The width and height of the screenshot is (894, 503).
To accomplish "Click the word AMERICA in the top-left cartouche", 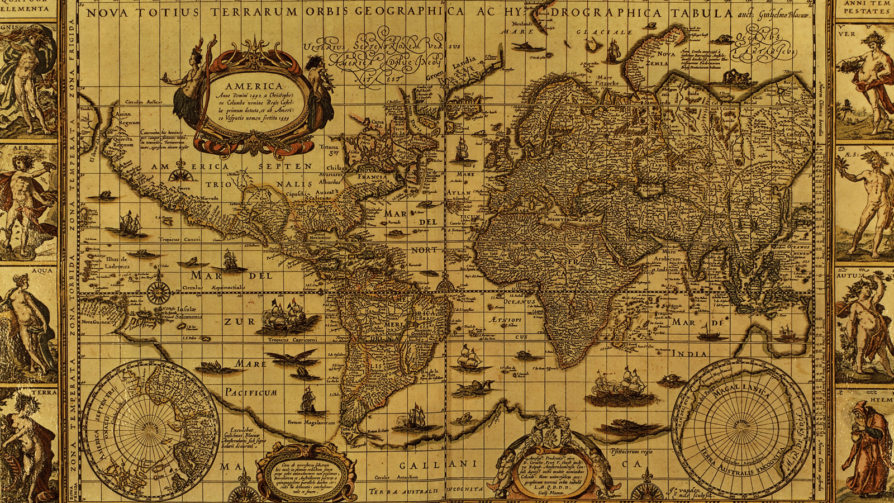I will point(254,86).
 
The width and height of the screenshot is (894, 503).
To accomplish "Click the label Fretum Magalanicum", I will point(311,423).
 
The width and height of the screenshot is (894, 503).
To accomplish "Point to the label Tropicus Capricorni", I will point(292,340).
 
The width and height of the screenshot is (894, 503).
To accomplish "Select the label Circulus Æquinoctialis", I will point(213,287).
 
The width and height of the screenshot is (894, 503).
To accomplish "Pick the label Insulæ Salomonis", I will point(189,312).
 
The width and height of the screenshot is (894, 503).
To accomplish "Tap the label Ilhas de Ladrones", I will point(117,262).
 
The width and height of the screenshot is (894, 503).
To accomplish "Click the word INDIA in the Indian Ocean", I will point(689,354).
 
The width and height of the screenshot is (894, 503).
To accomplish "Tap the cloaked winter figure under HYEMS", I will point(866,447).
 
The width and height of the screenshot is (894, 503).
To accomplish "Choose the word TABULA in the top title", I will point(701,13).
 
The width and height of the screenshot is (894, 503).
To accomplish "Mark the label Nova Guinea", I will point(94,322).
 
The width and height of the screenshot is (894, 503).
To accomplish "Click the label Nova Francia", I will point(371,173).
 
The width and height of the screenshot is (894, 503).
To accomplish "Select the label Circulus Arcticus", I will point(143,102).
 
